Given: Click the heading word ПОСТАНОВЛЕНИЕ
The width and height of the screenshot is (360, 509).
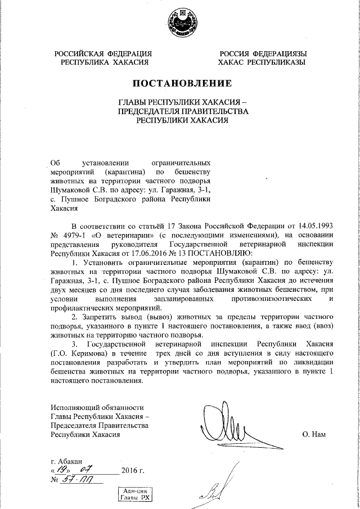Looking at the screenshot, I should pyautogui.click(x=182, y=84).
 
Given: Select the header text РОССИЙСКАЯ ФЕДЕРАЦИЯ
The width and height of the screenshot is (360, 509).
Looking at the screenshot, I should pyautogui.click(x=103, y=53).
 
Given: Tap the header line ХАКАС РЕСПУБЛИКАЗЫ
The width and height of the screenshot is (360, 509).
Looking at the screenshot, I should pyautogui.click(x=262, y=62).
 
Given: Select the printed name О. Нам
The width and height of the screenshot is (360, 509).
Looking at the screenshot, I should pyautogui.click(x=314, y=434).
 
